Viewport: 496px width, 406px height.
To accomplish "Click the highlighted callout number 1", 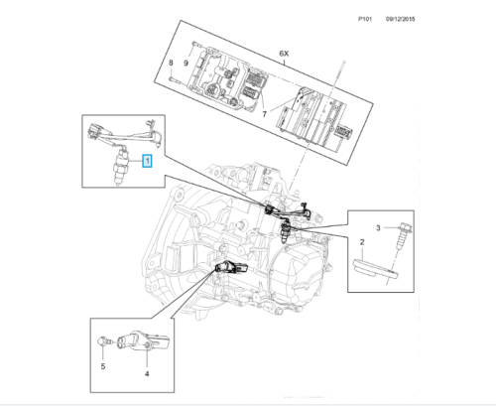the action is (147, 161).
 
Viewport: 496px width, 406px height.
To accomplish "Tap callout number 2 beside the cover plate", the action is (362, 242).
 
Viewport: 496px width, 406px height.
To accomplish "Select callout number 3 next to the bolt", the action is (378, 227).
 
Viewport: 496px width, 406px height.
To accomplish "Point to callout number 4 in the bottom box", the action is (147, 373).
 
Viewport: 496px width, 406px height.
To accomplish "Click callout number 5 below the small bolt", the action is (103, 366).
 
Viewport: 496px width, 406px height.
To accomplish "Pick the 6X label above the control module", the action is (284, 53).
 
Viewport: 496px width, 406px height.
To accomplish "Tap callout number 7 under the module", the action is (264, 114).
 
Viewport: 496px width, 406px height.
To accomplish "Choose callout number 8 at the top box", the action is (171, 63).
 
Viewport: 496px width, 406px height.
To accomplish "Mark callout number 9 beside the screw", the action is (186, 63).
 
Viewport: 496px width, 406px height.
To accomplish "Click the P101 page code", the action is (365, 19).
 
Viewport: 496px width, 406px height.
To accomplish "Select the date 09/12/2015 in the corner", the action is (400, 19).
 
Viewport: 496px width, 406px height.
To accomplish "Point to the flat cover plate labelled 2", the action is (375, 269).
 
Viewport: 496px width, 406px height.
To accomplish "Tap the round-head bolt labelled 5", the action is (102, 341).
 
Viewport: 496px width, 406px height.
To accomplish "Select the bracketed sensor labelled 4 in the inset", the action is (143, 340).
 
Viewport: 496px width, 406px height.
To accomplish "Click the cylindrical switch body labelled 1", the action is (121, 167).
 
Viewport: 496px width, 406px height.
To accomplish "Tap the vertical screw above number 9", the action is (194, 47).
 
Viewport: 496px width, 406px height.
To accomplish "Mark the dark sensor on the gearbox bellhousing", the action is (231, 267).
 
